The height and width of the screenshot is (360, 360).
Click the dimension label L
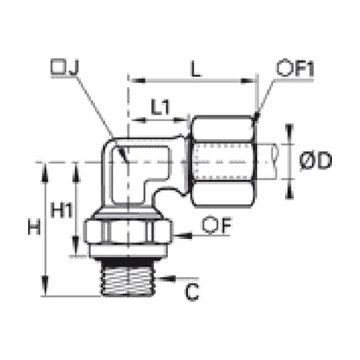(x=196, y=69)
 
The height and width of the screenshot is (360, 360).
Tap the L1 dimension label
(x=161, y=107)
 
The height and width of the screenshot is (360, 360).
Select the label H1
(x=62, y=210)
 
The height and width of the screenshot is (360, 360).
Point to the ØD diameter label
(x=316, y=161)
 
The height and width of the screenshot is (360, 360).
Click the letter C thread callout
(x=192, y=292)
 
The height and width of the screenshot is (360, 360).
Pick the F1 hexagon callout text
(x=295, y=68)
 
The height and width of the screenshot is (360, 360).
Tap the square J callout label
(x=64, y=67)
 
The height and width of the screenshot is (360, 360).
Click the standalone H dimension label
(x=34, y=228)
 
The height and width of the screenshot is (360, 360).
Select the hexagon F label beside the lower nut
(x=217, y=225)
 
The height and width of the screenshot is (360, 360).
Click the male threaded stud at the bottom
(x=127, y=278)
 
